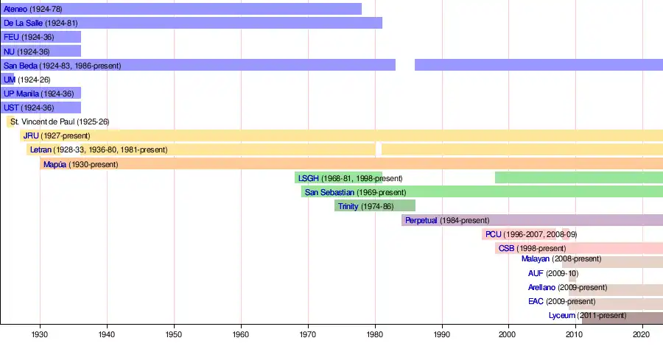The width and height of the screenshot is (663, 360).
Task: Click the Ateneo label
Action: click(x=15, y=9)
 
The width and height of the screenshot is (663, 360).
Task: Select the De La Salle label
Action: click(x=23, y=23)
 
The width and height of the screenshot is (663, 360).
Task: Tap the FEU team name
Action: click(x=11, y=37)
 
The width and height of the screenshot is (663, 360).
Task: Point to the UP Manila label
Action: click(x=21, y=93)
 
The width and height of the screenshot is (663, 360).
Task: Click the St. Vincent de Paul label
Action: click(x=42, y=121)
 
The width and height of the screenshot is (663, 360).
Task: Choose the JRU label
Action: click(x=31, y=135)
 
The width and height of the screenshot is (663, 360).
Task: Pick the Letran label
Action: click(x=41, y=149)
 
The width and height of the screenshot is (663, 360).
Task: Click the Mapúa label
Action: click(x=55, y=164)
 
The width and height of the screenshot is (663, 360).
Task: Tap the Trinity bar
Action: click(x=375, y=206)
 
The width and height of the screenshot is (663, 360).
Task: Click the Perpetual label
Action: click(x=421, y=220)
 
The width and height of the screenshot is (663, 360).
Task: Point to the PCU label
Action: click(x=494, y=234)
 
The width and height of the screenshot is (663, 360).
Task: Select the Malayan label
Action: click(x=535, y=259)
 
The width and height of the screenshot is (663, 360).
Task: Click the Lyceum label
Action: click(x=561, y=316)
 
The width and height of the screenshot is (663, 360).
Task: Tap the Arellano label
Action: click(x=542, y=287)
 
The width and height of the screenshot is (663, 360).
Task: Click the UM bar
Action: click(x=9, y=79)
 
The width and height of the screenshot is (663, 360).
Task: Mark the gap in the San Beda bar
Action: click(x=405, y=65)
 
